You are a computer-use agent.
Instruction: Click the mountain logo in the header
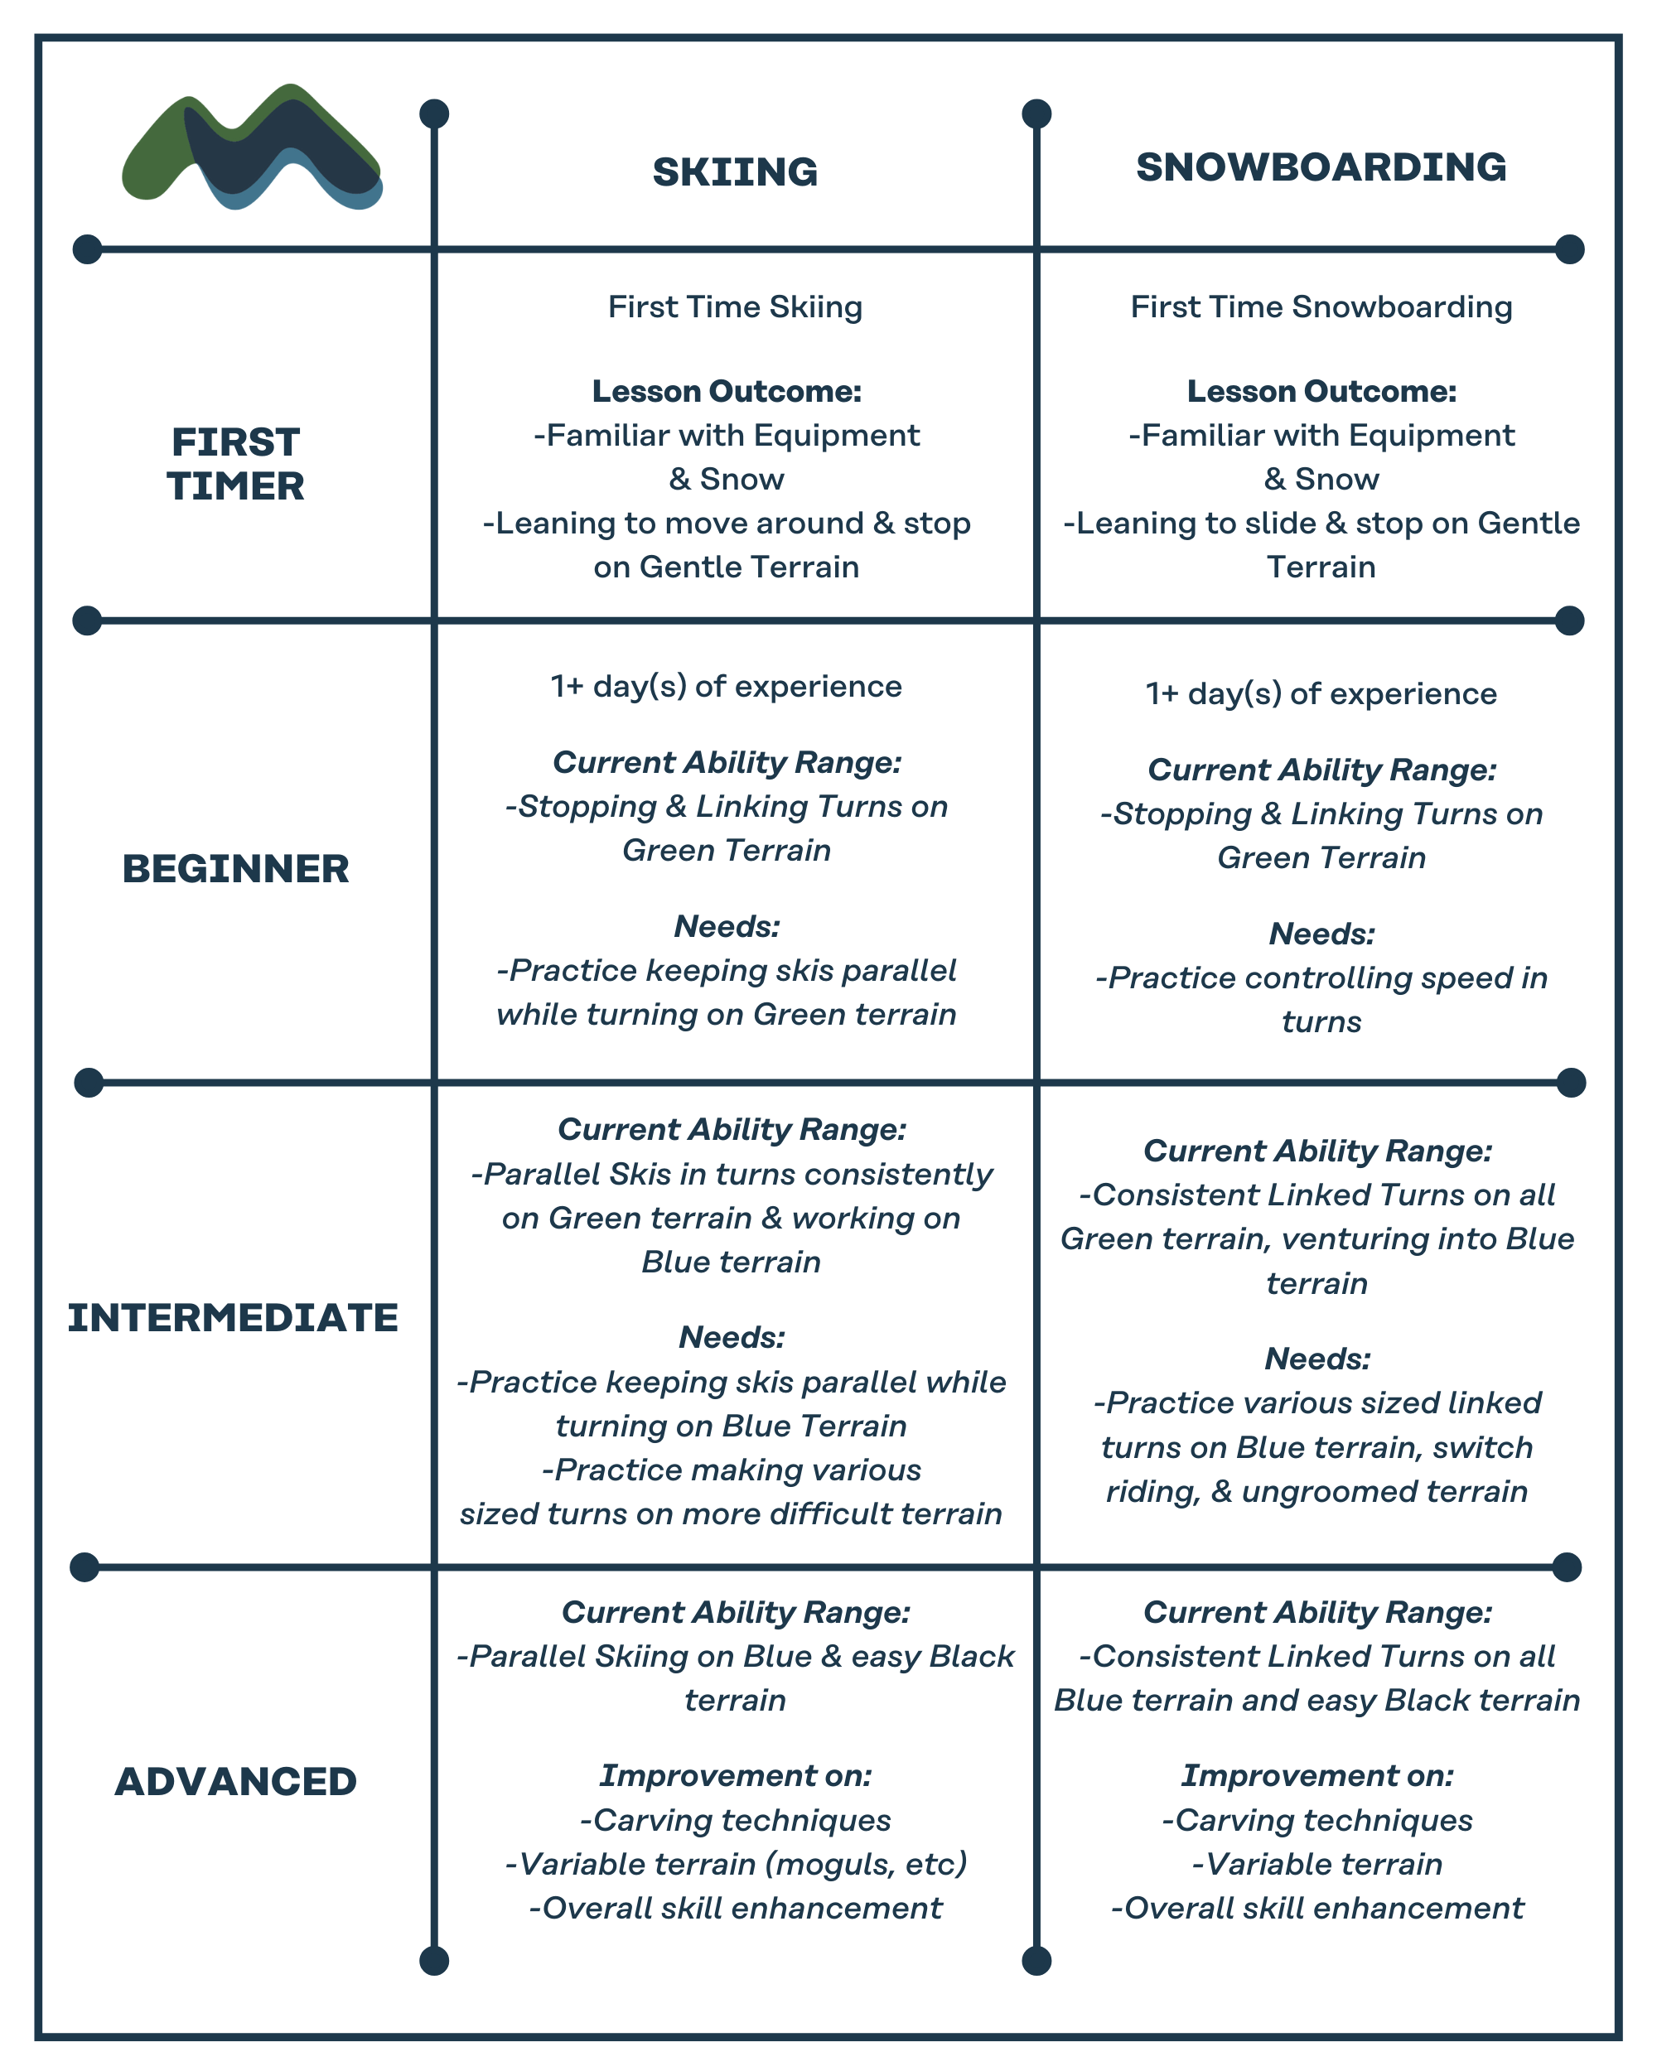[252, 148]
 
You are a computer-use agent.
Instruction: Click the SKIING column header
[735, 173]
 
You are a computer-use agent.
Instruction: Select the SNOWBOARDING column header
[1321, 168]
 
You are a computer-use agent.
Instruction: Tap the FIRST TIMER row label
[235, 464]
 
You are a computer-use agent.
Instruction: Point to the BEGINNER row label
[235, 869]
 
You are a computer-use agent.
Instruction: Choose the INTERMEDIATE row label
[233, 1318]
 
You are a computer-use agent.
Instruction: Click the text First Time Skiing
[735, 307]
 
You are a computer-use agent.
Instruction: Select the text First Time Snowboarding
[1321, 307]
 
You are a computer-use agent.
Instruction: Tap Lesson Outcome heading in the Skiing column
[727, 392]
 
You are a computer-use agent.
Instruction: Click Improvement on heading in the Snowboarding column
[1317, 1776]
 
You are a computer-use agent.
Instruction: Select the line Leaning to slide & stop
[1321, 524]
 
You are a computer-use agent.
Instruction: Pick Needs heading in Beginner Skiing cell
[727, 927]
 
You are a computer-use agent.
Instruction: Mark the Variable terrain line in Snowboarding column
[1317, 1865]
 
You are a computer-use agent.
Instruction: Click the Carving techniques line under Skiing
[735, 1820]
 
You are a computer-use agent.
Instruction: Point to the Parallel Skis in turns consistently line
[731, 1175]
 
